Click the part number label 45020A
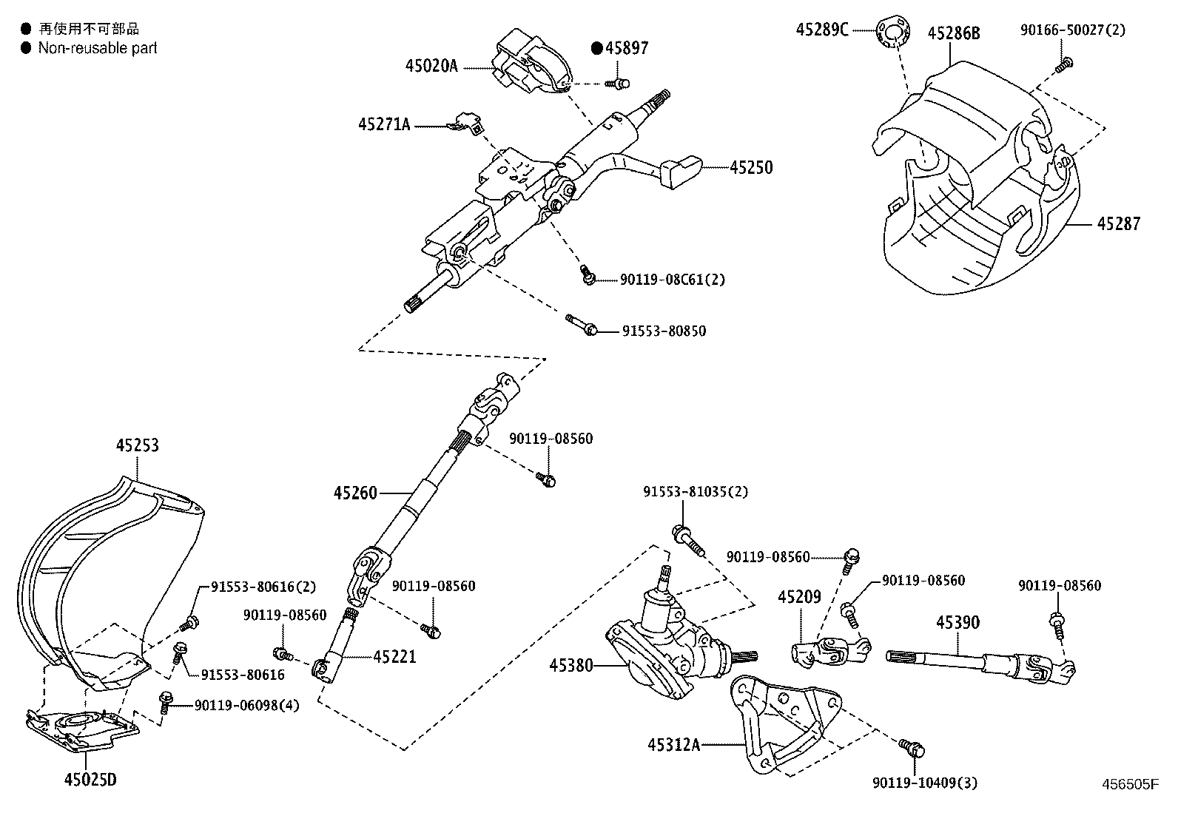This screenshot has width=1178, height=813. click(x=431, y=66)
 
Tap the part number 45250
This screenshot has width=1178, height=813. click(x=750, y=168)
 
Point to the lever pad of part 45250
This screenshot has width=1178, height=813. click(x=680, y=171)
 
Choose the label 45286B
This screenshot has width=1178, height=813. click(x=954, y=33)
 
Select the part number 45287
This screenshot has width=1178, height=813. click(x=1118, y=223)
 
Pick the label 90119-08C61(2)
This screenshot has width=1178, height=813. click(x=672, y=280)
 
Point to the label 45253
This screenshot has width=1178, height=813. click(x=137, y=446)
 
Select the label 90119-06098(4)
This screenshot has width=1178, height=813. click(x=246, y=706)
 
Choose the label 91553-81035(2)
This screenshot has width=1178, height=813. click(x=696, y=492)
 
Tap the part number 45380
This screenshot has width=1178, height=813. click(x=571, y=665)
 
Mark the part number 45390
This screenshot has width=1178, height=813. click(x=957, y=623)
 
